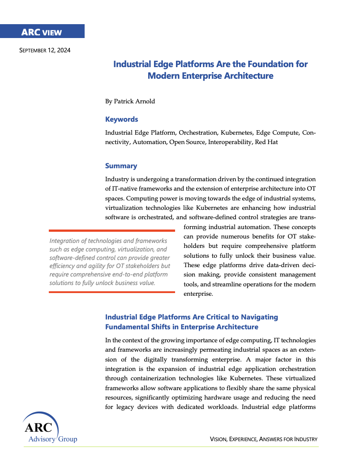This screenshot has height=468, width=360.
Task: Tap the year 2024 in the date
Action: pyautogui.click(x=62, y=50)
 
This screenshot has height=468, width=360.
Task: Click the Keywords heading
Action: pyautogui.click(x=121, y=119)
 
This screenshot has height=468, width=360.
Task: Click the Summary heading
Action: pyautogui.click(x=121, y=166)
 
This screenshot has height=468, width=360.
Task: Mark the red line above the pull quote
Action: pyautogui.click(x=112, y=230)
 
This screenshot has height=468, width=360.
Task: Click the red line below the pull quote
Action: pyautogui.click(x=112, y=292)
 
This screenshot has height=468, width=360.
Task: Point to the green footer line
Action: pyautogui.click(x=179, y=447)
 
